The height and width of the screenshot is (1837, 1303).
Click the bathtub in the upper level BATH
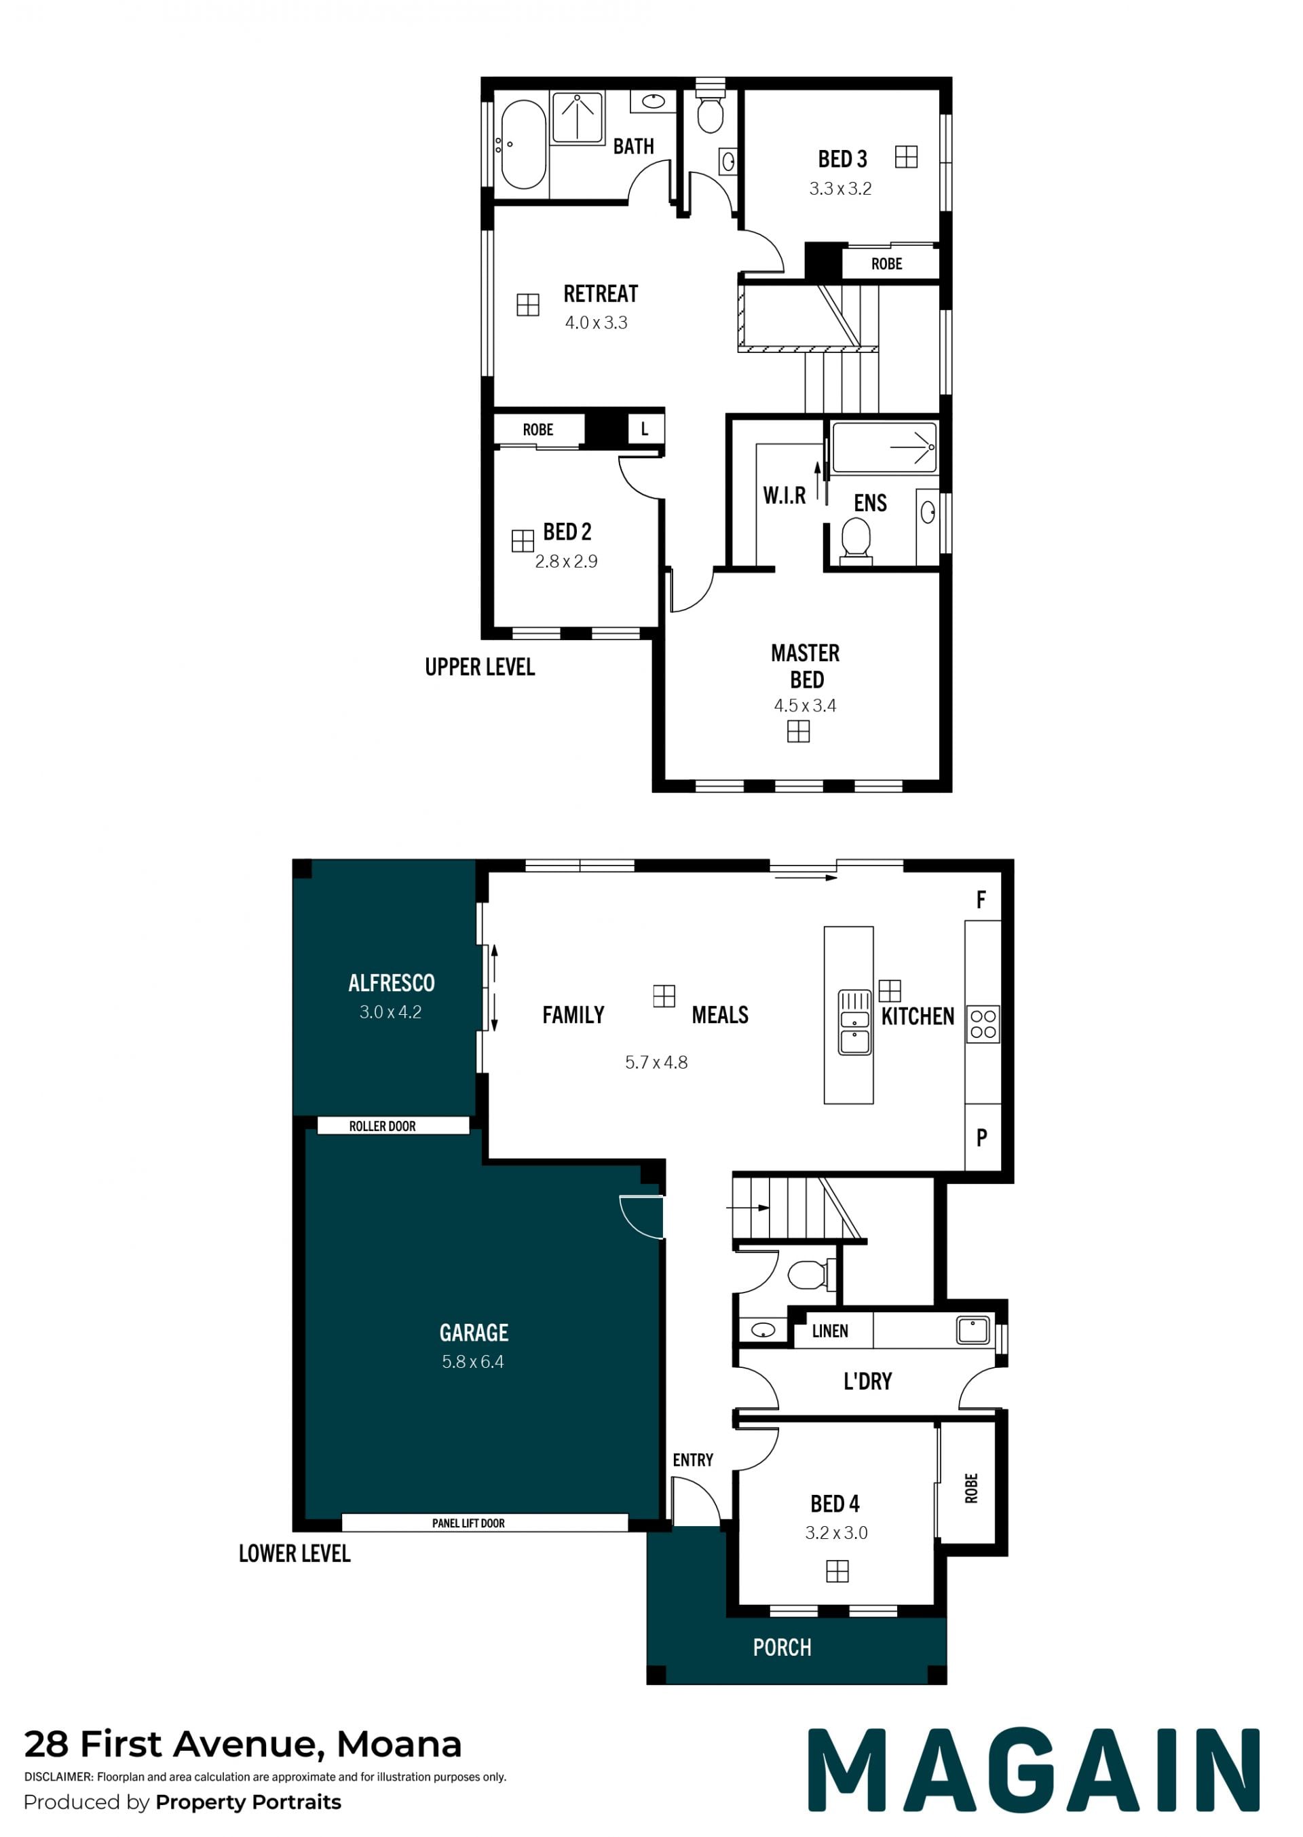click(x=523, y=145)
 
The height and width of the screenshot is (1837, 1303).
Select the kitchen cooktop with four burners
click(x=983, y=1024)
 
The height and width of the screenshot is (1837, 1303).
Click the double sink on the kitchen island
click(x=854, y=1022)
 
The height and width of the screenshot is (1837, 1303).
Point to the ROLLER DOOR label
click(x=382, y=1126)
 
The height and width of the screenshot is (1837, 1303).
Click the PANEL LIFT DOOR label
click(x=468, y=1523)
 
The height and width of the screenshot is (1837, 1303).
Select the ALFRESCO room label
click(x=392, y=983)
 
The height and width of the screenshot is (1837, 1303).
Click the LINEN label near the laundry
click(x=829, y=1331)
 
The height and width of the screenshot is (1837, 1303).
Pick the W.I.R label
click(x=784, y=495)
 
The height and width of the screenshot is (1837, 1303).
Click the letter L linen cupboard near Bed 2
click(x=644, y=429)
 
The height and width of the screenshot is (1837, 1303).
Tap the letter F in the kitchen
click(x=981, y=899)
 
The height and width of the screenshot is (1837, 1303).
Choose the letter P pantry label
click(x=981, y=1137)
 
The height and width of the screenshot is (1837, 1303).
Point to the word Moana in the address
click(x=399, y=1744)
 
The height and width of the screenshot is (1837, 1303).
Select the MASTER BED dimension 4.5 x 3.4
click(x=805, y=705)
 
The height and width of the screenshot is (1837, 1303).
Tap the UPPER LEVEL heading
click(x=480, y=667)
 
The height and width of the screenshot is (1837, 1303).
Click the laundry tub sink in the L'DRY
click(x=972, y=1331)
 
